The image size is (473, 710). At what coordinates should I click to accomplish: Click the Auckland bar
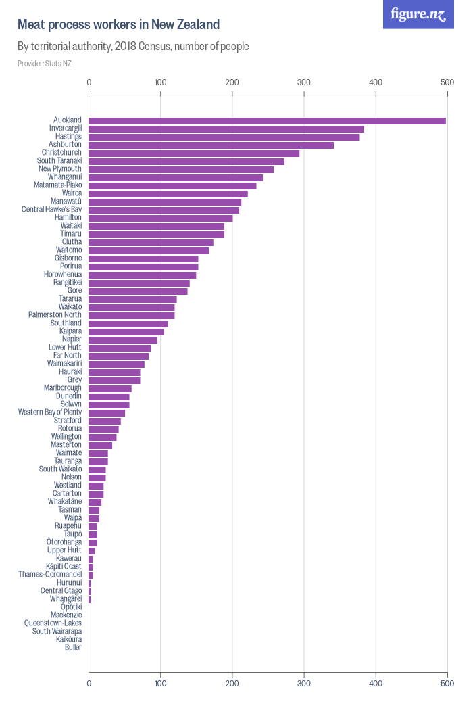point(267,120)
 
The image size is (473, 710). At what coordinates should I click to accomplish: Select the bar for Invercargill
point(226,128)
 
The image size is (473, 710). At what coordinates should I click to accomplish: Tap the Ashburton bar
point(211,145)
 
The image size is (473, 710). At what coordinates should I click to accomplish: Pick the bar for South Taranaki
point(186,161)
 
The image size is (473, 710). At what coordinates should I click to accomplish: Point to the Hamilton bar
point(161,218)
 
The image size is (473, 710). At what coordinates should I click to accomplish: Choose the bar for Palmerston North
point(132,315)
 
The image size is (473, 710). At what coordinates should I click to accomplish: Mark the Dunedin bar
point(109,396)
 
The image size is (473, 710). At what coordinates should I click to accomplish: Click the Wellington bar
point(103,437)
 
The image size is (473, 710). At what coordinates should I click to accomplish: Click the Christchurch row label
point(61,153)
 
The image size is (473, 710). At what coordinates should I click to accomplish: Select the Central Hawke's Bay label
point(51,210)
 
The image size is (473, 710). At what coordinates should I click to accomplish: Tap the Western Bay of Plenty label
point(50,412)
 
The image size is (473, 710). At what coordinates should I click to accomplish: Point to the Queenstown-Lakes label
point(53,623)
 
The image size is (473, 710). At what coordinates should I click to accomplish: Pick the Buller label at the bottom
point(73,647)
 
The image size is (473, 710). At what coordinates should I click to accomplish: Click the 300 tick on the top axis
point(304,82)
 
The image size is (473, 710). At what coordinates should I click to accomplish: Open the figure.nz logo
point(418,14)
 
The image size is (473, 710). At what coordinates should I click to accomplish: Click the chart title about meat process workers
point(118,25)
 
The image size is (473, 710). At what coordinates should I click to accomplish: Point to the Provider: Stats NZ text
point(45,64)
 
